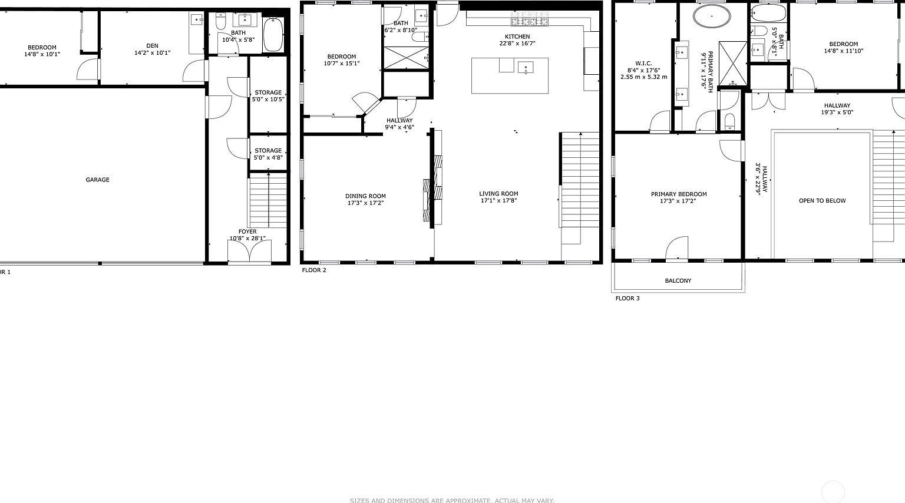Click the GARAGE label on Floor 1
[97, 180]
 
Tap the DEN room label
[153, 45]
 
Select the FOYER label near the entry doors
[247, 231]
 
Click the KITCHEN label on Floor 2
[517, 37]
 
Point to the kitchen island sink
[526, 67]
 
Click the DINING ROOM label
[365, 196]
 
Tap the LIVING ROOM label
[498, 194]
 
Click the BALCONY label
[678, 280]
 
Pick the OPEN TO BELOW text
[822, 201]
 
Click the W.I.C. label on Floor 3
[643, 63]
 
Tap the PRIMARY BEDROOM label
[679, 194]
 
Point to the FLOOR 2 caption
[314, 270]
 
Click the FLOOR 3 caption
[627, 299]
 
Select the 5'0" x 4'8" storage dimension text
[268, 157]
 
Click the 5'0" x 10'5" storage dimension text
[268, 99]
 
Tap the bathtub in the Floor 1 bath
[273, 35]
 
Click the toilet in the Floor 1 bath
[221, 22]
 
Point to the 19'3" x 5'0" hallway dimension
[837, 112]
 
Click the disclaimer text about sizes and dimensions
[452, 500]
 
